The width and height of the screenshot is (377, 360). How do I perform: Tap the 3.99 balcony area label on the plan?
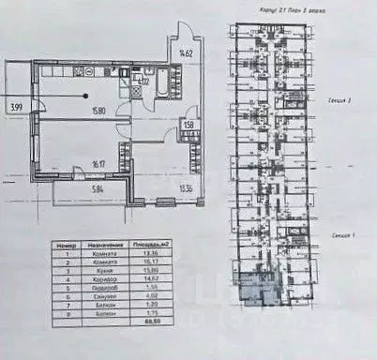point(15,106)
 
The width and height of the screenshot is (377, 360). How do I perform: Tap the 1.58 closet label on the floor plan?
point(189,123)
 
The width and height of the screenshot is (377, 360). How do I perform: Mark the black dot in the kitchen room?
point(86,96)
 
